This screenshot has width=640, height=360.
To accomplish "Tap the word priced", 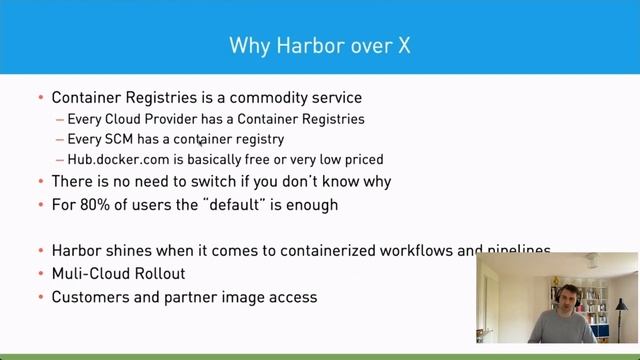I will click(362, 159).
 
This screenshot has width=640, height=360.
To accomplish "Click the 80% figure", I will click(91, 204).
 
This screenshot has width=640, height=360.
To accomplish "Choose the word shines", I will click(134, 251).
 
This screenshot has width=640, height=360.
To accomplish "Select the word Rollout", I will click(161, 273).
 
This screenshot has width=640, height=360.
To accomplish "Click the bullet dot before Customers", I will click(40, 296).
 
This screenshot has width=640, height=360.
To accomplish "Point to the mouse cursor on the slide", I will click(201, 143).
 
